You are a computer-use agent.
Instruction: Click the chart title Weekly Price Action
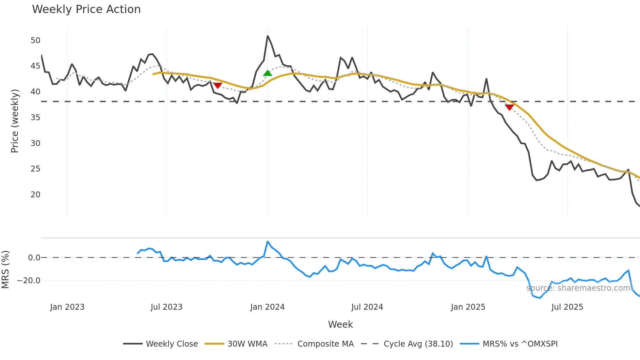(86, 9)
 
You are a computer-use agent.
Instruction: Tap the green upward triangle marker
(267, 73)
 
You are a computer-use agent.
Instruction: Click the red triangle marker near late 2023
(217, 85)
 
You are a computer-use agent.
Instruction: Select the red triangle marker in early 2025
(509, 107)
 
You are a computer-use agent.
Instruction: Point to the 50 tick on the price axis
(35, 41)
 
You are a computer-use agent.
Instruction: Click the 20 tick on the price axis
(35, 195)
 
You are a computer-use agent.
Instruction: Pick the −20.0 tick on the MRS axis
(29, 281)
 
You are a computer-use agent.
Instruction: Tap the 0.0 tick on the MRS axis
(34, 258)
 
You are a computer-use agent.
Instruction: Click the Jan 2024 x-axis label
(267, 307)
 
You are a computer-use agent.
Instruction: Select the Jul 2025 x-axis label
(567, 307)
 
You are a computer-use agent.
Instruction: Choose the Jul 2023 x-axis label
(167, 307)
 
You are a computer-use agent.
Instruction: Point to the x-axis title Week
(340, 324)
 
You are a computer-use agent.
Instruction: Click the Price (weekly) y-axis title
(15, 121)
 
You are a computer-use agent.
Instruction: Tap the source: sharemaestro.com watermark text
(578, 288)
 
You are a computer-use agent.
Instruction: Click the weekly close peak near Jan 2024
(267, 36)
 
